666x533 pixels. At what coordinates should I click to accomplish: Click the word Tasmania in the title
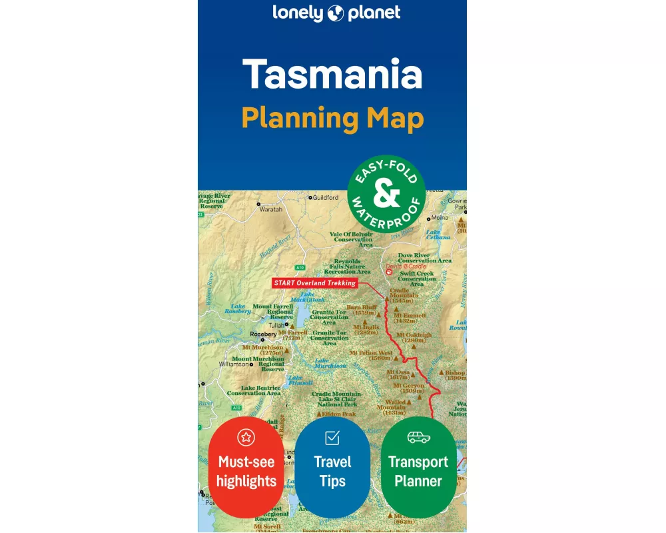pyautogui.click(x=332, y=75)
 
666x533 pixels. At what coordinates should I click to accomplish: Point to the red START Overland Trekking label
pyautogui.click(x=315, y=282)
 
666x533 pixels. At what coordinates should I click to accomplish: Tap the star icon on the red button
pyautogui.click(x=246, y=437)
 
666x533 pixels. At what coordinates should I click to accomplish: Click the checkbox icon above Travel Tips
pyautogui.click(x=332, y=438)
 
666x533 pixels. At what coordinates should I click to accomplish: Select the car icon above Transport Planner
pyautogui.click(x=418, y=437)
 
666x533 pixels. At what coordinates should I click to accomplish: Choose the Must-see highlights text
pyautogui.click(x=246, y=472)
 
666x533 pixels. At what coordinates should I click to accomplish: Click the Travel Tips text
pyautogui.click(x=332, y=472)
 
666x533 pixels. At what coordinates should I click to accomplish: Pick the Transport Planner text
pyautogui.click(x=418, y=472)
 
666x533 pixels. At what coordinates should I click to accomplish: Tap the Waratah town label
pyautogui.click(x=271, y=209)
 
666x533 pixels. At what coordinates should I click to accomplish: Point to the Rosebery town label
pyautogui.click(x=262, y=334)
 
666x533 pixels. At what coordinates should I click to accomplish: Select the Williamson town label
pyautogui.click(x=233, y=364)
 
